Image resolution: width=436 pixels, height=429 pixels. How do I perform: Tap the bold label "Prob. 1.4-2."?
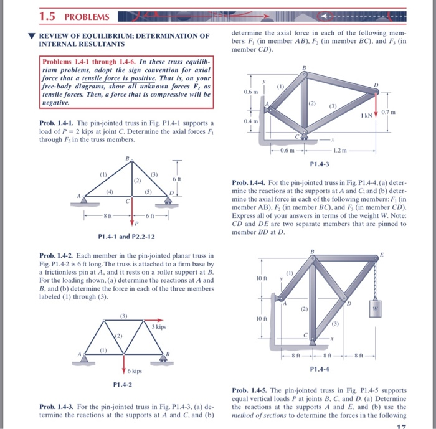coord(55,256)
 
